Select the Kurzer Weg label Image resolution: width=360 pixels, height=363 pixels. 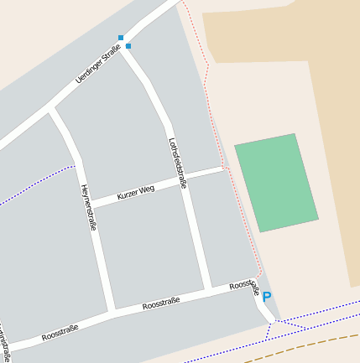136,193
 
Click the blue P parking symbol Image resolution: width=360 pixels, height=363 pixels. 267,297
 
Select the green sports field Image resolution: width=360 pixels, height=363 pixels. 276,182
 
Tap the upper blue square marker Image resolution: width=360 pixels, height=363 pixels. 121,38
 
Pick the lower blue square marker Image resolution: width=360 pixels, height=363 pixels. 128,46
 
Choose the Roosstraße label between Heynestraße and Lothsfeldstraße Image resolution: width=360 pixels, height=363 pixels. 161,303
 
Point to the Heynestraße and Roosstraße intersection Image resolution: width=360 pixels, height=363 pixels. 111,313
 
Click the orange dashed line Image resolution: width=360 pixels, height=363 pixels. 302,345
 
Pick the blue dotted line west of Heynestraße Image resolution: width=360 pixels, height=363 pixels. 34,186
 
